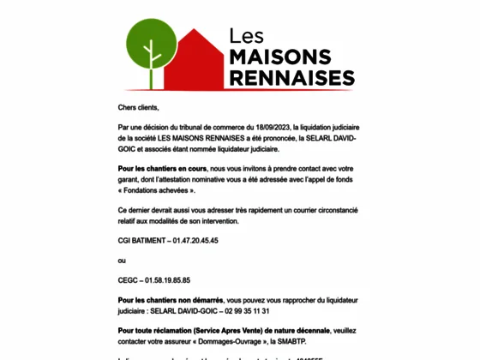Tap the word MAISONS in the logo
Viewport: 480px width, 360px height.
(x=280, y=57)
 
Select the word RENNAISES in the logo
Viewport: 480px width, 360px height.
(x=291, y=78)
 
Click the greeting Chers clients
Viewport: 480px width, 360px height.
(x=139, y=107)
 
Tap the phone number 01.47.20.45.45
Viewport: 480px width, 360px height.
(x=195, y=241)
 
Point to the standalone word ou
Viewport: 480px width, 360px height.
(x=122, y=260)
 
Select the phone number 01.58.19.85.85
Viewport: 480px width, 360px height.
(x=166, y=279)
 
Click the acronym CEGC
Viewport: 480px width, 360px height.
(x=129, y=279)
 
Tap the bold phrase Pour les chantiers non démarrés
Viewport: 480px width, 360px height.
(x=171, y=301)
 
